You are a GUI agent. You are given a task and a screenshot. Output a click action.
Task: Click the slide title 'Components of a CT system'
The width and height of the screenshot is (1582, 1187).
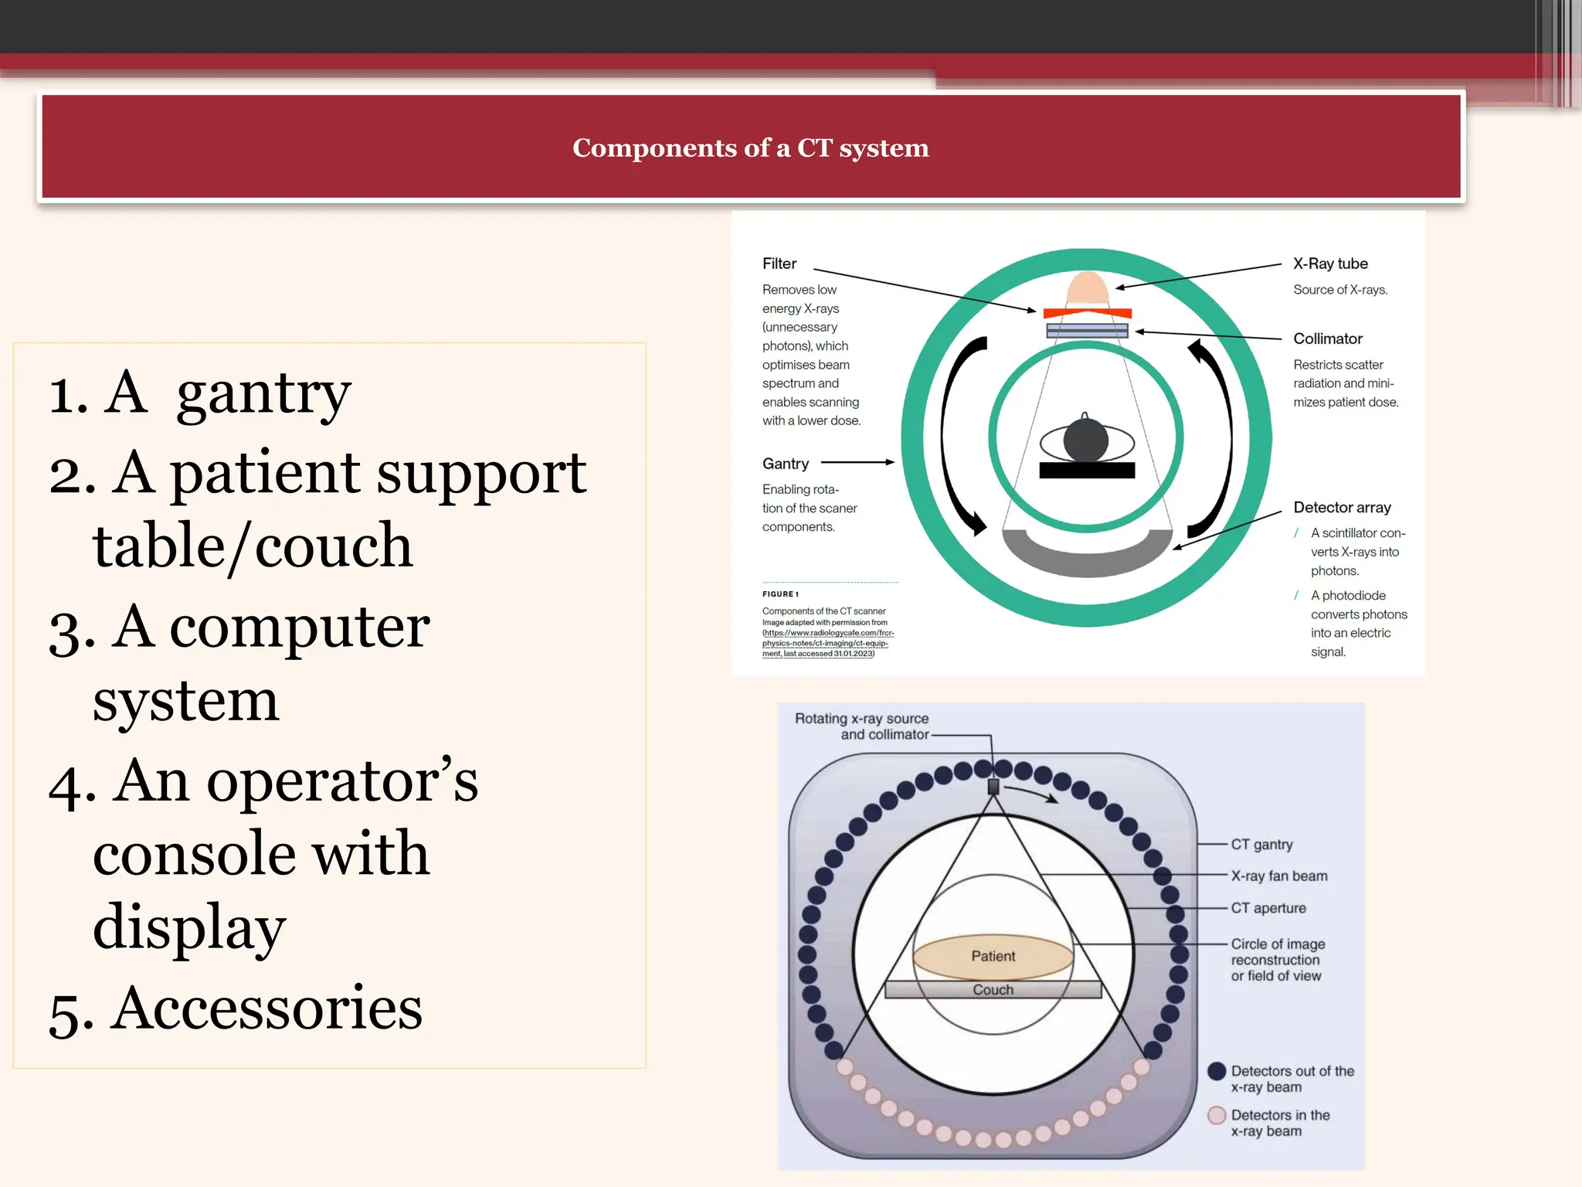click(x=750, y=148)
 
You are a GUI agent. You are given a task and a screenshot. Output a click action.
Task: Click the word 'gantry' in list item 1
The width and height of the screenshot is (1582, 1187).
click(x=263, y=394)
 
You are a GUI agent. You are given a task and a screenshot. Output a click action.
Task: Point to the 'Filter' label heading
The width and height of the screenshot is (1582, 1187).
click(x=779, y=264)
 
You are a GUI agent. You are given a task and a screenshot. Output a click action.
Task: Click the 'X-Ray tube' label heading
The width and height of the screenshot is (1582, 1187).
click(x=1330, y=264)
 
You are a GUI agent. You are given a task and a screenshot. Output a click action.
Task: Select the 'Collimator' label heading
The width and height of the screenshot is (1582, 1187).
click(x=1327, y=338)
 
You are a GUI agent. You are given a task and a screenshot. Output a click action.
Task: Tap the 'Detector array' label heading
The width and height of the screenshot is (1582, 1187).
click(x=1342, y=507)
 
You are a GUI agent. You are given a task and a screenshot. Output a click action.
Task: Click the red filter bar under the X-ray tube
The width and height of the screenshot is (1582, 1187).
click(x=1087, y=313)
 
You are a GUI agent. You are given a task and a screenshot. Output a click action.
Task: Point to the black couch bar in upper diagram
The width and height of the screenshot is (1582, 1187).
click(x=1087, y=470)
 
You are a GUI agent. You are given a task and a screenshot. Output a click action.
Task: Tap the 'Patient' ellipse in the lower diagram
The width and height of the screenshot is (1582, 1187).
click(x=993, y=956)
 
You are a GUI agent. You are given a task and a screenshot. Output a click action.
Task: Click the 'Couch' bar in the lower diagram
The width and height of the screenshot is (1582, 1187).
click(x=993, y=990)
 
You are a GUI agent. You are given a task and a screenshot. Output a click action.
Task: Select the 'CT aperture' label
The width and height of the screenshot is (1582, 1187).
click(x=1268, y=908)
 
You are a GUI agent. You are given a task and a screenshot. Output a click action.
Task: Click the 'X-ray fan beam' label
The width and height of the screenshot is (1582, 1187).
click(x=1278, y=876)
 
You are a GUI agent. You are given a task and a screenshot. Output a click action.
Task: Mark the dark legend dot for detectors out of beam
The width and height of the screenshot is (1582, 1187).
click(x=1217, y=1071)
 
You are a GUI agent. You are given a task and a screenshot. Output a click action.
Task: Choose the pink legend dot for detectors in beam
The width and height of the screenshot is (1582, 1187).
click(x=1217, y=1115)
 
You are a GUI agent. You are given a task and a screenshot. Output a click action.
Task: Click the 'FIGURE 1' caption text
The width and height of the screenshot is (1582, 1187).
click(x=780, y=594)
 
